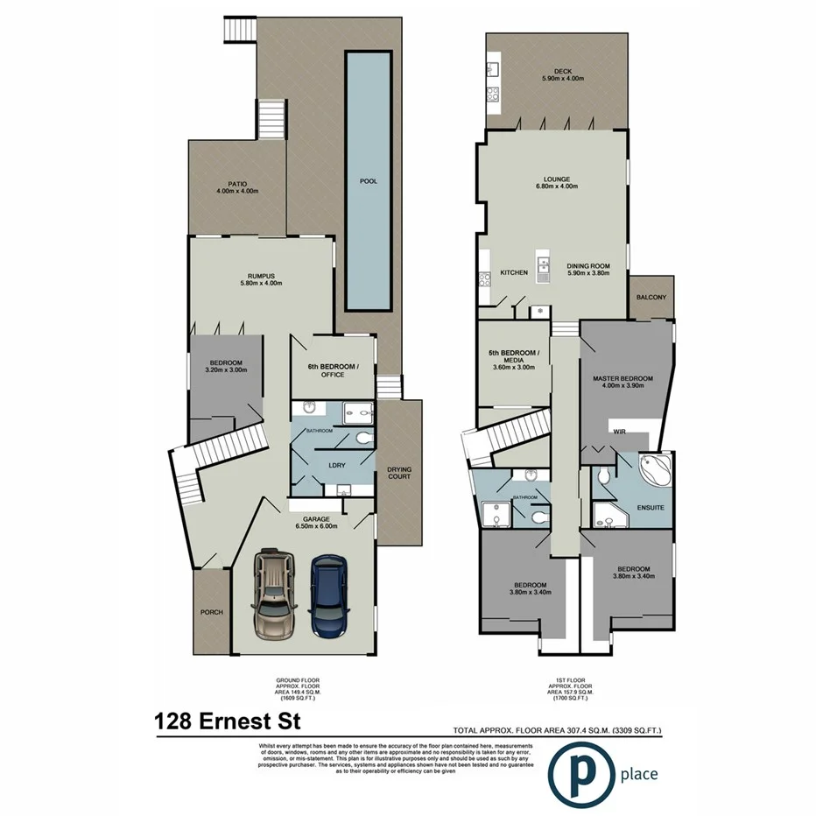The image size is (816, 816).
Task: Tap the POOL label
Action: click(x=369, y=181)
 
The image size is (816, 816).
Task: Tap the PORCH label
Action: click(x=212, y=612)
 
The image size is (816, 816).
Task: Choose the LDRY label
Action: click(x=334, y=466)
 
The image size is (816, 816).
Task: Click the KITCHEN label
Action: click(x=513, y=273)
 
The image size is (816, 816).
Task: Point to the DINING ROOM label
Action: click(x=587, y=269)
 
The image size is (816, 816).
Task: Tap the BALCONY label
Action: click(x=651, y=298)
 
